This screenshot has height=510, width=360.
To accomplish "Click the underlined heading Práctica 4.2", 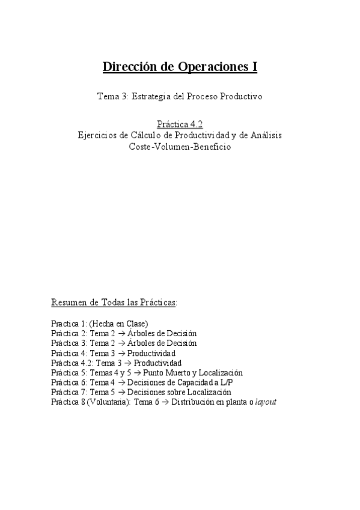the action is tap(180, 125).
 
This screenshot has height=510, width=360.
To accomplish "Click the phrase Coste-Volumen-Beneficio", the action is tap(180, 147).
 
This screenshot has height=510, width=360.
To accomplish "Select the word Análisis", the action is tap(265, 136).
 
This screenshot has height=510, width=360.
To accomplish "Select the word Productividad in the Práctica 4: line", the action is tap(151, 354).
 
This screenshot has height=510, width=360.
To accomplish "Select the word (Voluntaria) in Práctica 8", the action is tap(105, 402).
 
